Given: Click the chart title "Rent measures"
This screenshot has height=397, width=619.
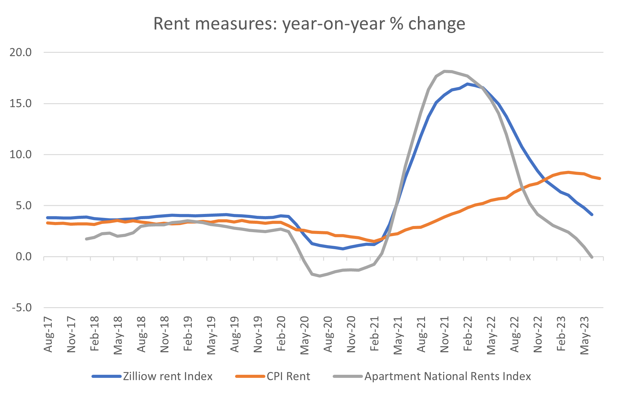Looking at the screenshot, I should (x=309, y=24).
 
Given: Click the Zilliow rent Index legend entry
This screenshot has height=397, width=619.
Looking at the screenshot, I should (x=167, y=376).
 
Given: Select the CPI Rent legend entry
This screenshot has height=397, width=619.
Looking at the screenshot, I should (x=288, y=376).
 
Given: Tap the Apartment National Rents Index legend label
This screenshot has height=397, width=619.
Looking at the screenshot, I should (x=448, y=376).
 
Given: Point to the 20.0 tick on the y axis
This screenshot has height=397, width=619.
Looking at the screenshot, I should (x=21, y=52).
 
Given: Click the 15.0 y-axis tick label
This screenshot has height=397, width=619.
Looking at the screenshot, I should (x=21, y=104).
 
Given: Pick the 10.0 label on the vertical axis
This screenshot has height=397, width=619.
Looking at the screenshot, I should (x=21, y=155).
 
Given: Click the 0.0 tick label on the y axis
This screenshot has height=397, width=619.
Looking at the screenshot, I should (x=23, y=257).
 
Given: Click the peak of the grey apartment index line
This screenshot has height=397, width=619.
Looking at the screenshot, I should (x=444, y=71).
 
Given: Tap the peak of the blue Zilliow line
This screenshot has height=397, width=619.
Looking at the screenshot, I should (x=468, y=84).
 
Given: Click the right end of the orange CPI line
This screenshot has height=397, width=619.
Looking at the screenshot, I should (x=600, y=178).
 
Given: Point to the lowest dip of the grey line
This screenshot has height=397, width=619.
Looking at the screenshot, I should (x=320, y=276).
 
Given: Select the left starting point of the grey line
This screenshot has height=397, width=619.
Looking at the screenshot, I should (x=86, y=239).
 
